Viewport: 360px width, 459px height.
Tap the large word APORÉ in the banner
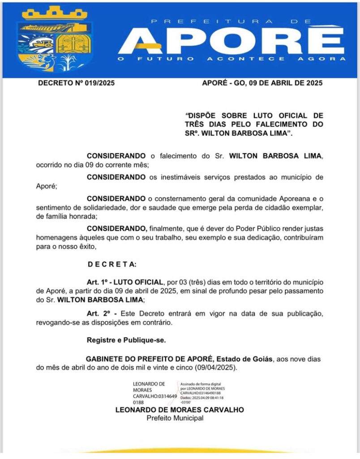pos(232,41)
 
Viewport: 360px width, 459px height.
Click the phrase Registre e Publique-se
pos(126,340)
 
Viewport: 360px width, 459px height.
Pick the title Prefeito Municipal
pos(175,418)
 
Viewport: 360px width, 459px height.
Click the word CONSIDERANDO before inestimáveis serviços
pos(116,177)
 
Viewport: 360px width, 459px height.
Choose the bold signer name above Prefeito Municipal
pos(180,410)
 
